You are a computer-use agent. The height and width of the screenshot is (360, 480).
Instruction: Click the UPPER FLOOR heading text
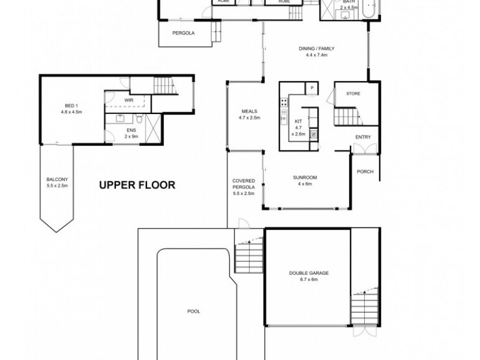(x=137, y=185)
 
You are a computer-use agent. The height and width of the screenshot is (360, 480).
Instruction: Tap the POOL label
(x=193, y=311)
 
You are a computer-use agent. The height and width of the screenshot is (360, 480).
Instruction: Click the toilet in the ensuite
(x=137, y=118)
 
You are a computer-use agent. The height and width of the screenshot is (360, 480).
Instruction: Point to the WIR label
(x=128, y=101)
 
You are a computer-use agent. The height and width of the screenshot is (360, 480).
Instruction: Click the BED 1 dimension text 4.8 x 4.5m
(x=70, y=112)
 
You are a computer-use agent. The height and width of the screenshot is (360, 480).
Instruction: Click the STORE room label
(x=352, y=94)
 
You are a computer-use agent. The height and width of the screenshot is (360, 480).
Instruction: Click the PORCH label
(x=365, y=172)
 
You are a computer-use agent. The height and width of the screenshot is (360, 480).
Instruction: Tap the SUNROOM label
(x=305, y=177)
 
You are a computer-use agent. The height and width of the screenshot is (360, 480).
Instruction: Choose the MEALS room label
(x=249, y=111)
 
